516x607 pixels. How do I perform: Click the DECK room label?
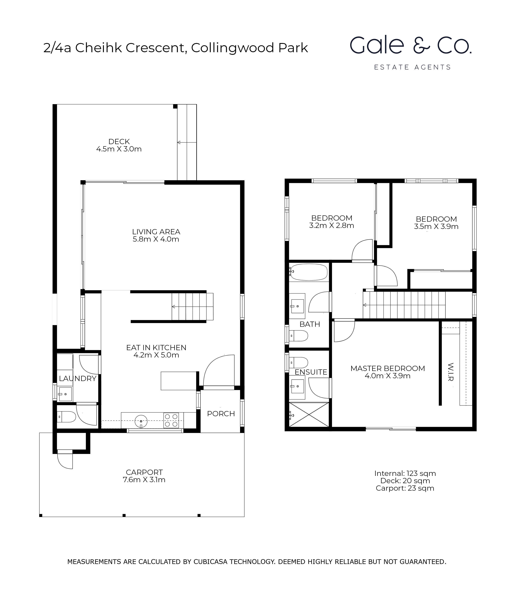pos(119,142)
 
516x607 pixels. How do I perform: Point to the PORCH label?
pos(221,414)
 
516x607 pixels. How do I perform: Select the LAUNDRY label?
pos(78,379)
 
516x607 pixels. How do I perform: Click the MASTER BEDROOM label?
pos(388,368)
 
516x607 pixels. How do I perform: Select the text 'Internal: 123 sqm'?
pos(405,473)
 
